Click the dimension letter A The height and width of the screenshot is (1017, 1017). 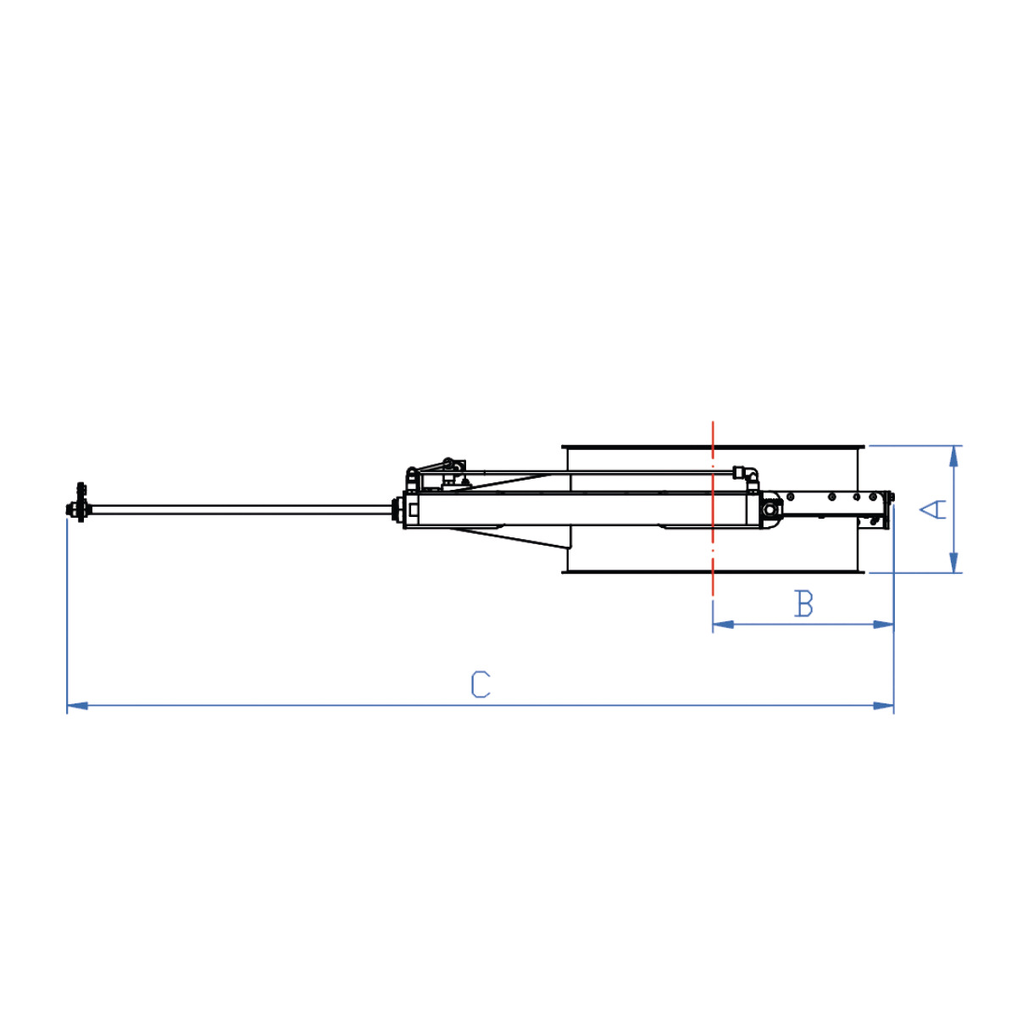coord(932,510)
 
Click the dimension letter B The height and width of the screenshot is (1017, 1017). coord(803,603)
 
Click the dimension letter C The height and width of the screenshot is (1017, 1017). coord(481,685)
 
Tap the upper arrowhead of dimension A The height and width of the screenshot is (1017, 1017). coord(953,456)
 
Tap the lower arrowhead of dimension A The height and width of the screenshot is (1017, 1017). coord(953,562)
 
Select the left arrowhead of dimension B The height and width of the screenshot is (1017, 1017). coord(723,625)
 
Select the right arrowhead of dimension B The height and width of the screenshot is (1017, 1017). coord(883,625)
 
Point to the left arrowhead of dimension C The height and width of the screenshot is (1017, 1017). coord(77,706)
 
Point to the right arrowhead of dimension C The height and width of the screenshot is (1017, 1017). coord(883,706)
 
